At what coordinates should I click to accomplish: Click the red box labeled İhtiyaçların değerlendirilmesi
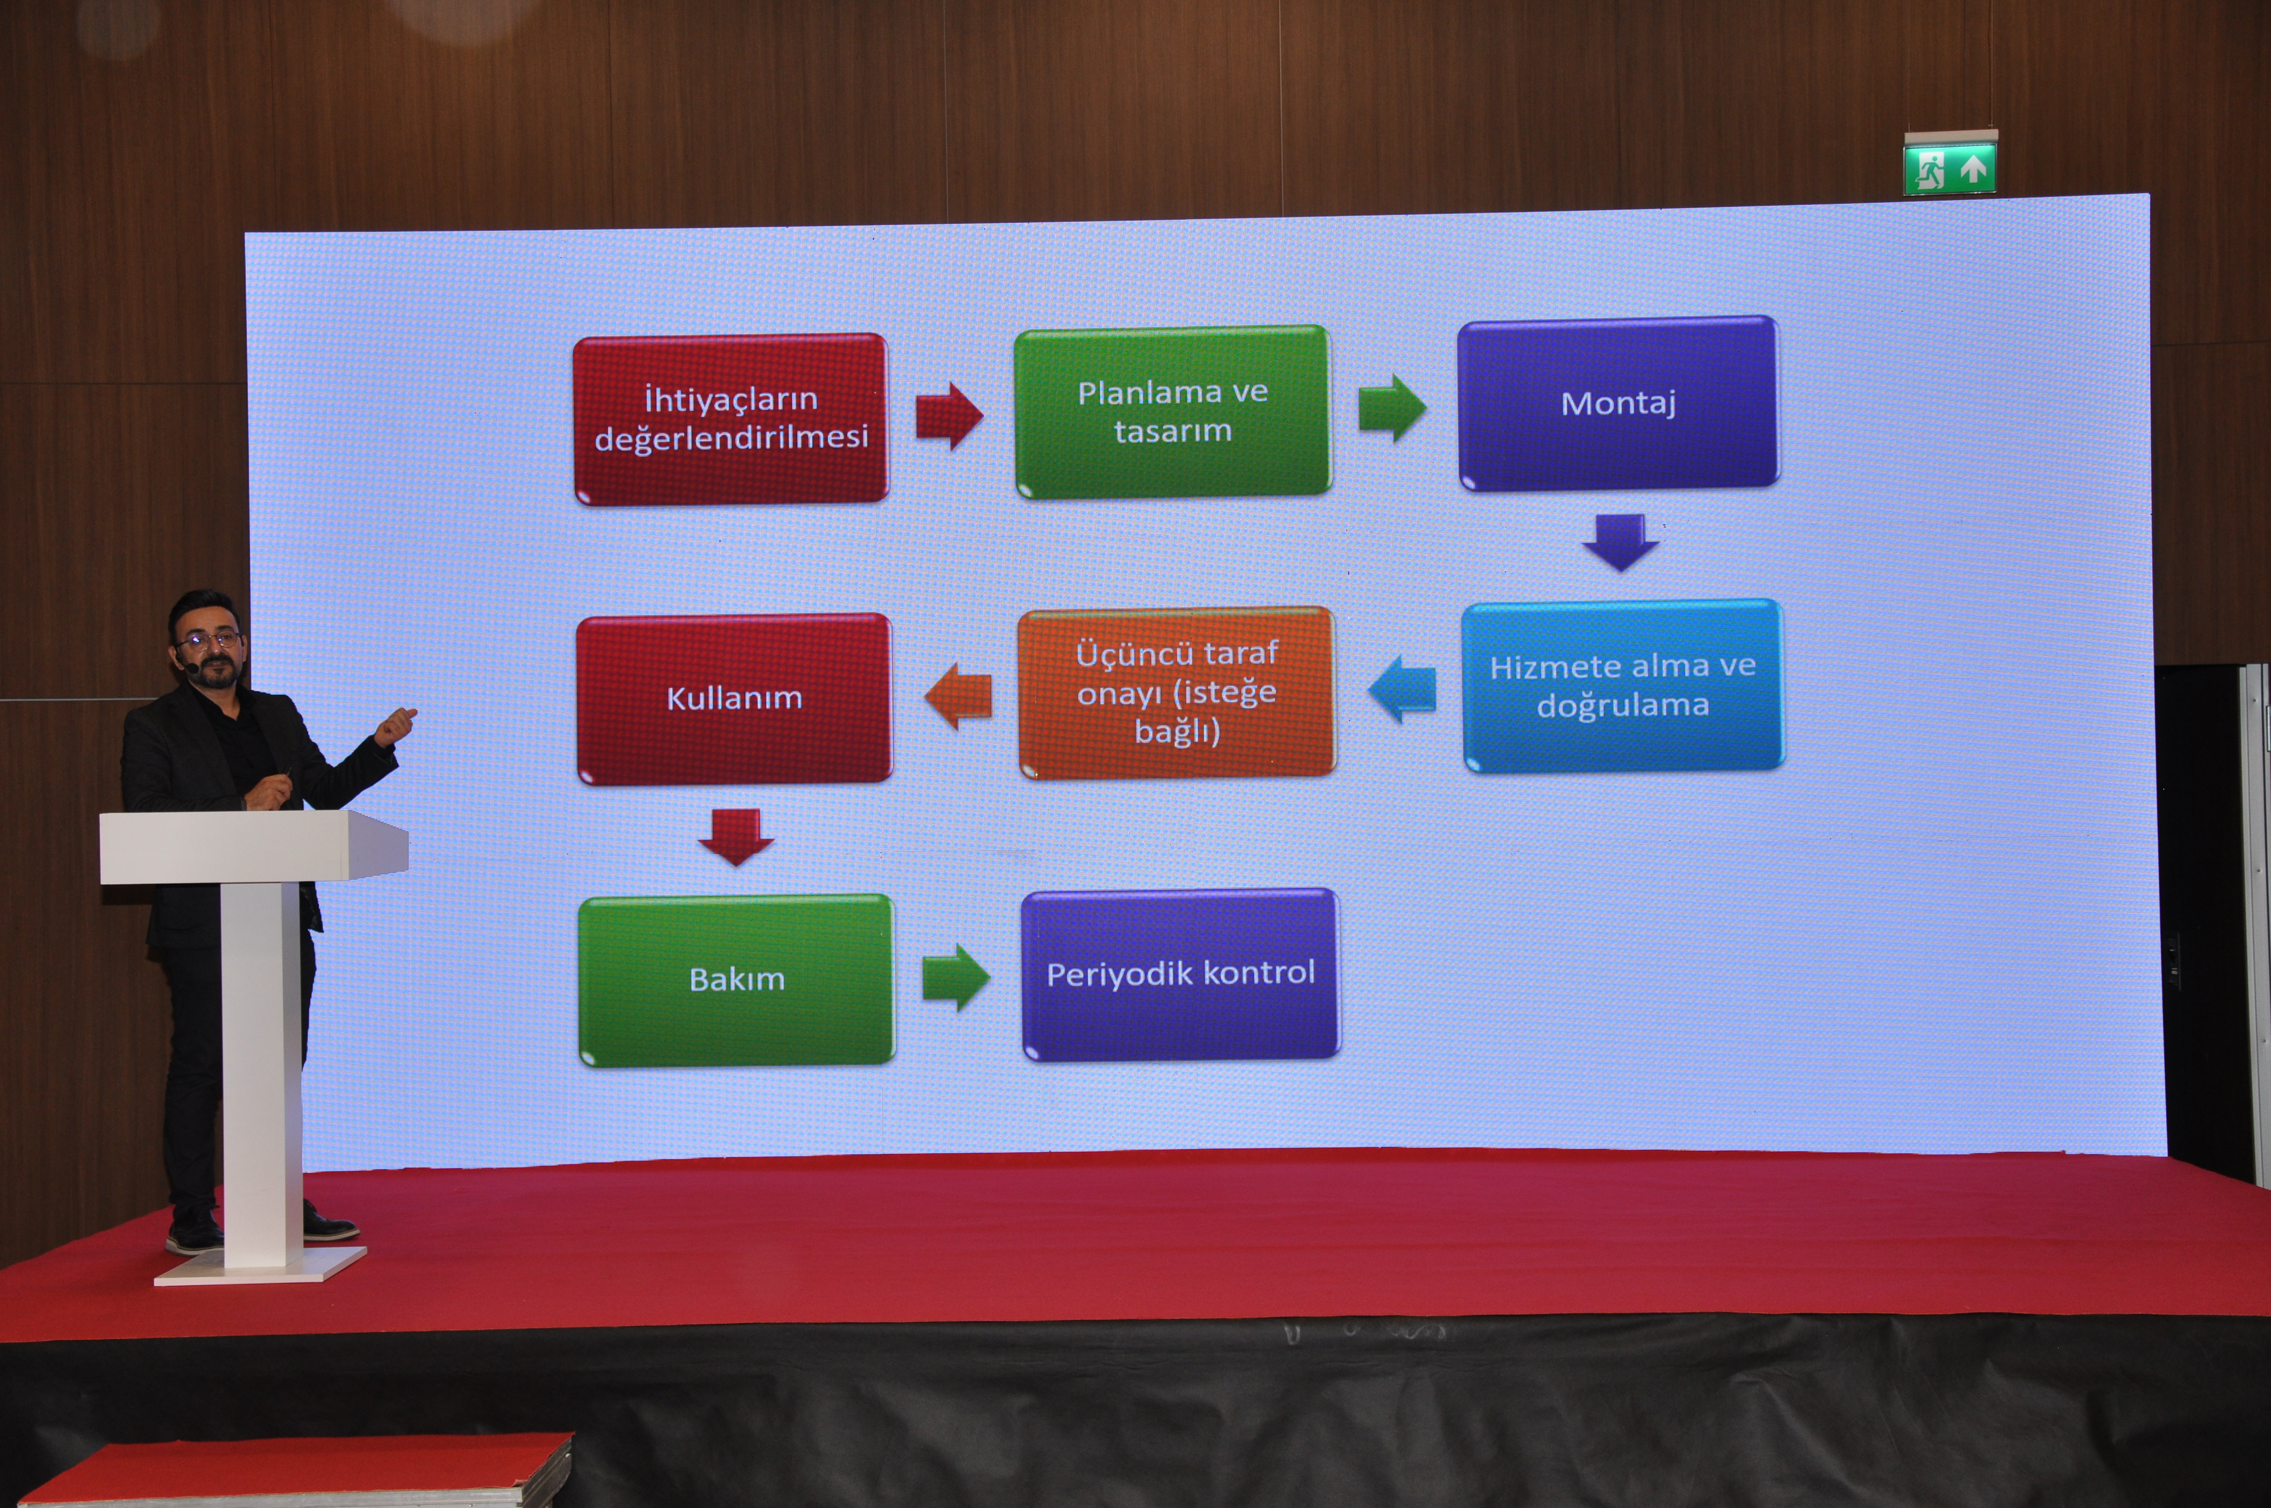[731, 419]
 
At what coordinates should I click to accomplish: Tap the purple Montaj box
[1619, 403]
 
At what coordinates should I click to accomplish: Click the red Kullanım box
[735, 699]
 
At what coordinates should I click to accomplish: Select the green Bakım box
[737, 980]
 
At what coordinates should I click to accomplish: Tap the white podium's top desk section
[254, 846]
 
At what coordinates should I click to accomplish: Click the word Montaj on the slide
[1619, 403]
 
